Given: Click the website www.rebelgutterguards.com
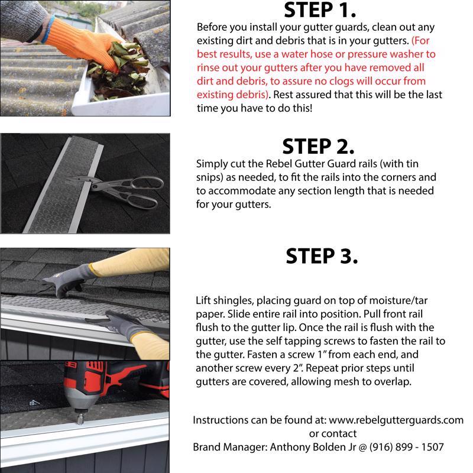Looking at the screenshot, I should click(x=396, y=420).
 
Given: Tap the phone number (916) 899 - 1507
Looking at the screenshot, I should click(x=407, y=447).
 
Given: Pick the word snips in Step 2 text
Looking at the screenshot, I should click(x=209, y=177).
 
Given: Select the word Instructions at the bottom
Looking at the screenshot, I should click(x=220, y=420).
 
